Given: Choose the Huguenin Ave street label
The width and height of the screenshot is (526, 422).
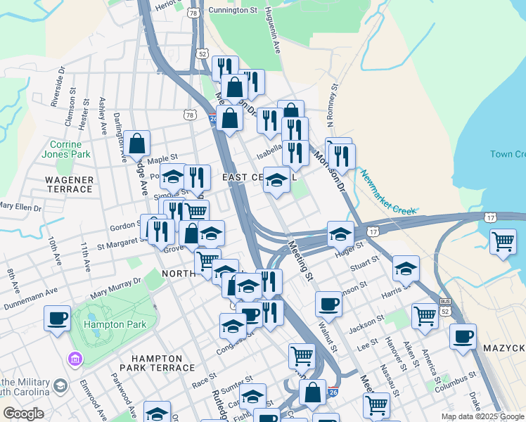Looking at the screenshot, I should click(271, 32).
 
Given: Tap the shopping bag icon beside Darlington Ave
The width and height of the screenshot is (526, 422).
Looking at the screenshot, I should click(139, 143).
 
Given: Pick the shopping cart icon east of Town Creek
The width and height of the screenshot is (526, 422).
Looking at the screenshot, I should click(503, 241).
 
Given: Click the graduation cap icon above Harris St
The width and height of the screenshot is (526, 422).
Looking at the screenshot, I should click(406, 268).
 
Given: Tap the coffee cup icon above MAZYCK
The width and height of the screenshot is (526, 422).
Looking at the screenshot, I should click(463, 336).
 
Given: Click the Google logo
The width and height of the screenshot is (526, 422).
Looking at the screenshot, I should click(23, 414).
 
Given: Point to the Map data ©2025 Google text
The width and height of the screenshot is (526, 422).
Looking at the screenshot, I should click(483, 416).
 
